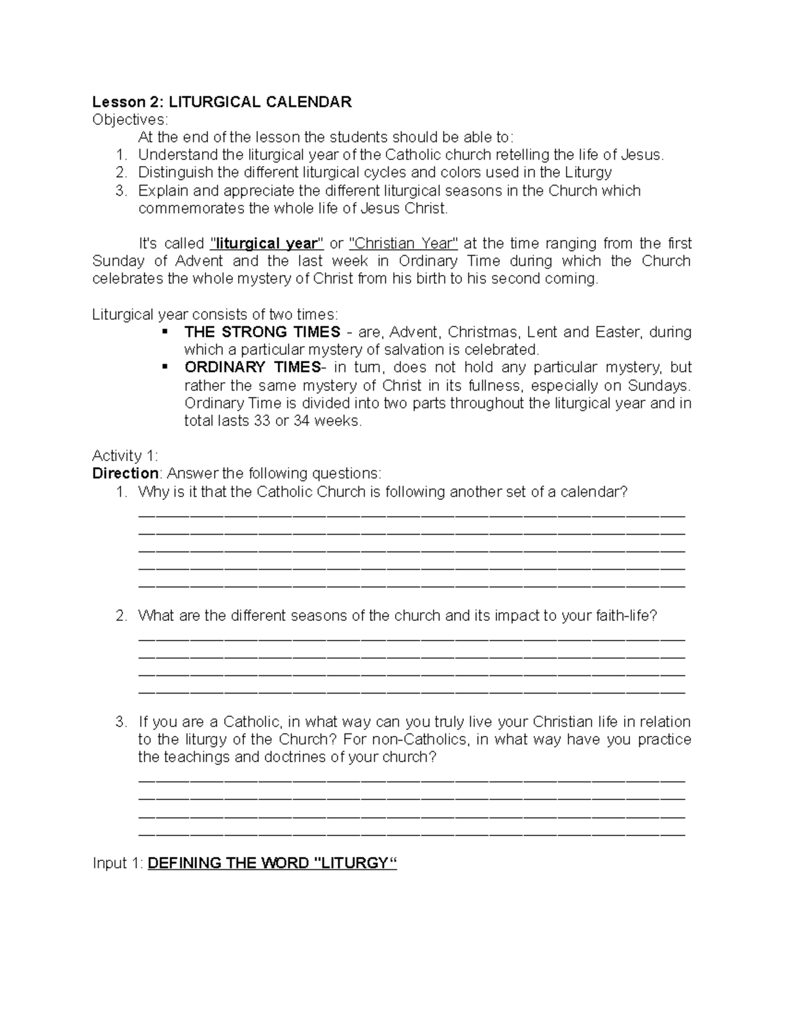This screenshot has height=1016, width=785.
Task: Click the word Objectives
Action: (130, 120)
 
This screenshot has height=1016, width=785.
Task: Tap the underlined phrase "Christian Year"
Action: (404, 243)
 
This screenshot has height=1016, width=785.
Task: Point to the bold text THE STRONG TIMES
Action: (262, 332)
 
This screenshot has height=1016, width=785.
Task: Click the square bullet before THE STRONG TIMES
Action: (164, 332)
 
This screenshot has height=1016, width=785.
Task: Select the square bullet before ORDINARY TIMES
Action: (164, 367)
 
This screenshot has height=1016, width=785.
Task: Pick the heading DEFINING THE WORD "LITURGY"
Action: (273, 864)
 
